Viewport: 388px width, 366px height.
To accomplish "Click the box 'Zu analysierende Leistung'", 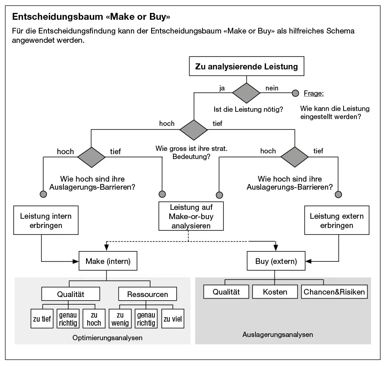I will (246, 67).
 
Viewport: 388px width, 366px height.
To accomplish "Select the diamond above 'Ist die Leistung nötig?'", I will (246, 93).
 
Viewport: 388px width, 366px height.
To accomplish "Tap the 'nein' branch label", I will (272, 88).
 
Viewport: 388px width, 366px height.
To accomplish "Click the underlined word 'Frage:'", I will (314, 93).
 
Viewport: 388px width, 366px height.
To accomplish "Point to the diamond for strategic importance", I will (193, 130).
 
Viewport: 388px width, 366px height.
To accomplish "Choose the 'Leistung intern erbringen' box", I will (46, 220).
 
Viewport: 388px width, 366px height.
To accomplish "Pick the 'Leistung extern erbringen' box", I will (337, 220).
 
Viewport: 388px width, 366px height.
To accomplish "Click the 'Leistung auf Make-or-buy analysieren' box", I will (191, 216).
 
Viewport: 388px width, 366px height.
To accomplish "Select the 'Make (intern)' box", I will (108, 261).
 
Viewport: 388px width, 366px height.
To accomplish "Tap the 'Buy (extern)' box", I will (276, 261).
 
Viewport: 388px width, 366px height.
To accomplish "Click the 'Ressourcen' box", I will (148, 294).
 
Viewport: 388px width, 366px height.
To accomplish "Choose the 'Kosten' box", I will (275, 292).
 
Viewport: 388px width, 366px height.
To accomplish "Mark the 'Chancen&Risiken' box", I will (334, 292).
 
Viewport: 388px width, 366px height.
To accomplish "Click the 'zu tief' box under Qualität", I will (42, 319).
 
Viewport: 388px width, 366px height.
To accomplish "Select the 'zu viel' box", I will (173, 319).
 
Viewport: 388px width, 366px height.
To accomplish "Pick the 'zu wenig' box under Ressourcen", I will (120, 318).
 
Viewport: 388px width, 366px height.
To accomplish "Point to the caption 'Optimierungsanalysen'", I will (108, 337).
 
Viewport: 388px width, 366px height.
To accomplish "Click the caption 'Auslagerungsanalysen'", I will (278, 335).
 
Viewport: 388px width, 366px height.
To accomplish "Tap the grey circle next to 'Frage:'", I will (295, 93).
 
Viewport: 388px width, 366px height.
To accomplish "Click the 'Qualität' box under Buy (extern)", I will (226, 292).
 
